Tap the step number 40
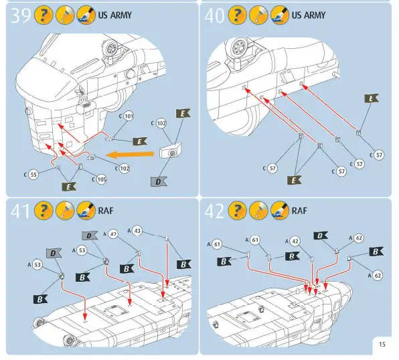(215, 15)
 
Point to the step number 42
(215, 211)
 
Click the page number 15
(382, 345)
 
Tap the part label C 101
(127, 116)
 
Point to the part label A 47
(111, 234)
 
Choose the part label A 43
(135, 230)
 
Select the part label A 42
(292, 240)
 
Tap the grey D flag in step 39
(158, 181)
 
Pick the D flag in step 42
(321, 236)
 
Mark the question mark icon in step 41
(41, 211)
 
